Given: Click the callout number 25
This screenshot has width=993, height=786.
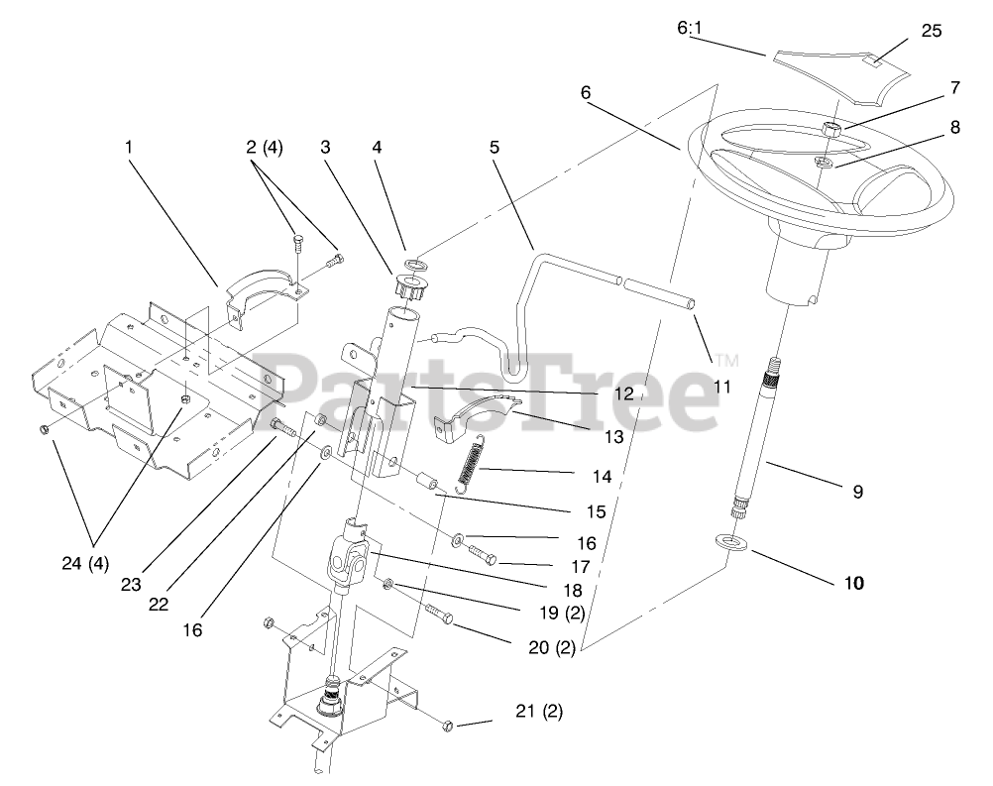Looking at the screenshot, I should click(931, 31).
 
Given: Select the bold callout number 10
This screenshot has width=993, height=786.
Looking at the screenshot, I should click(853, 583).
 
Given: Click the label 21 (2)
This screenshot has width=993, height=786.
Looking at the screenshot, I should click(538, 711).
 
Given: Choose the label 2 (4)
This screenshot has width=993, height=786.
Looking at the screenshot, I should click(264, 148).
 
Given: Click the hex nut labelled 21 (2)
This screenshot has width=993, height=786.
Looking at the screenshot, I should click(447, 727).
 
